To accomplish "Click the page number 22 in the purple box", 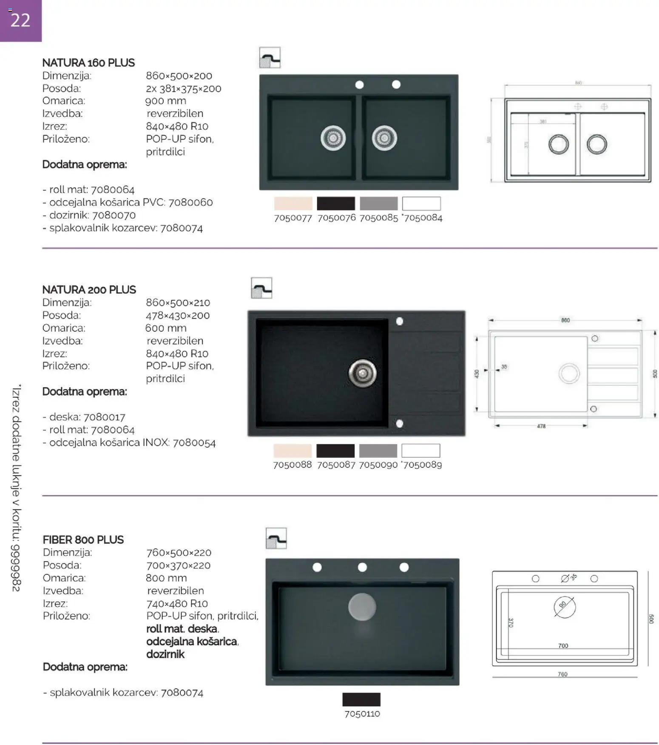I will (x=20, y=20).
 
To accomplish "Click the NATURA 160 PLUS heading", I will (x=88, y=63).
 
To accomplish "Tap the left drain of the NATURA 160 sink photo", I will (x=333, y=138).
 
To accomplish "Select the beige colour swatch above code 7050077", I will (x=293, y=203).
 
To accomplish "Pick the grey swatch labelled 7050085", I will (x=378, y=203).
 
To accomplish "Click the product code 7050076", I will (x=336, y=218).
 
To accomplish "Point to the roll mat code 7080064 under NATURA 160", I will (x=113, y=190).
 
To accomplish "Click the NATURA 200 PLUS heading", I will (x=89, y=290).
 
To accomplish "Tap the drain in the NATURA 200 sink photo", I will (x=362, y=373).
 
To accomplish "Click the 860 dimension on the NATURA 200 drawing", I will (x=565, y=320).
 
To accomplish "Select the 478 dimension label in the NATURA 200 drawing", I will (x=541, y=426).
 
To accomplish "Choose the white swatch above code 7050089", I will (x=420, y=451).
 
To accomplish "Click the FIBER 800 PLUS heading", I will (x=83, y=540).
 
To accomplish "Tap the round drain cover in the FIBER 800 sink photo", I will (x=362, y=607).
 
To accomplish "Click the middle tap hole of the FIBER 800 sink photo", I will (x=362, y=567).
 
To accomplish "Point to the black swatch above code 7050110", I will (x=361, y=699).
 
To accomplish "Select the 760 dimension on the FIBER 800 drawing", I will (x=562, y=674).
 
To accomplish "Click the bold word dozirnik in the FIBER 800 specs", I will (x=165, y=654).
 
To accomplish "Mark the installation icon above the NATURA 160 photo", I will (x=270, y=58).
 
